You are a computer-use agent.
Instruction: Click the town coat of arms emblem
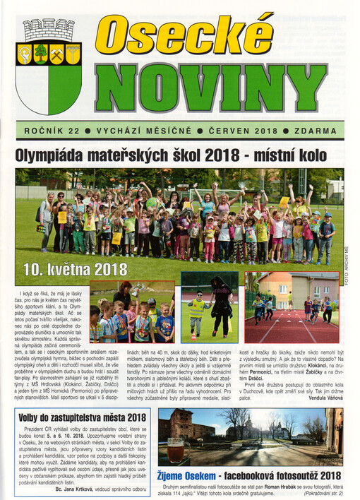pyautogui.click(x=48, y=66)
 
